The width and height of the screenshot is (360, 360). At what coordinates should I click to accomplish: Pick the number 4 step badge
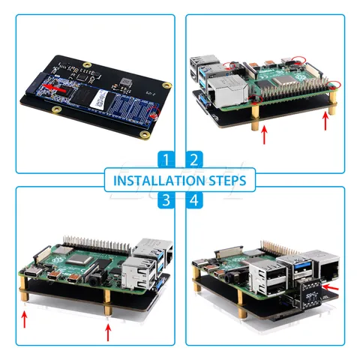point(193,199)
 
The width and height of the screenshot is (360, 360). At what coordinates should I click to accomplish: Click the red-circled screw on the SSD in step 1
point(154,115)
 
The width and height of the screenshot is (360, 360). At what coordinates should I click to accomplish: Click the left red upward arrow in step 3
point(25,320)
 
